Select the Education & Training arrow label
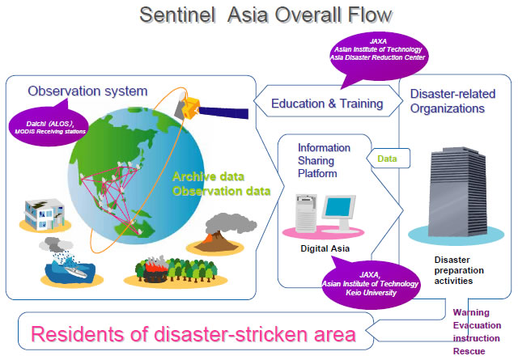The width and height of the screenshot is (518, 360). click(x=326, y=104)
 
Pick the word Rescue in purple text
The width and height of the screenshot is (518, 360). click(x=469, y=351)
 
